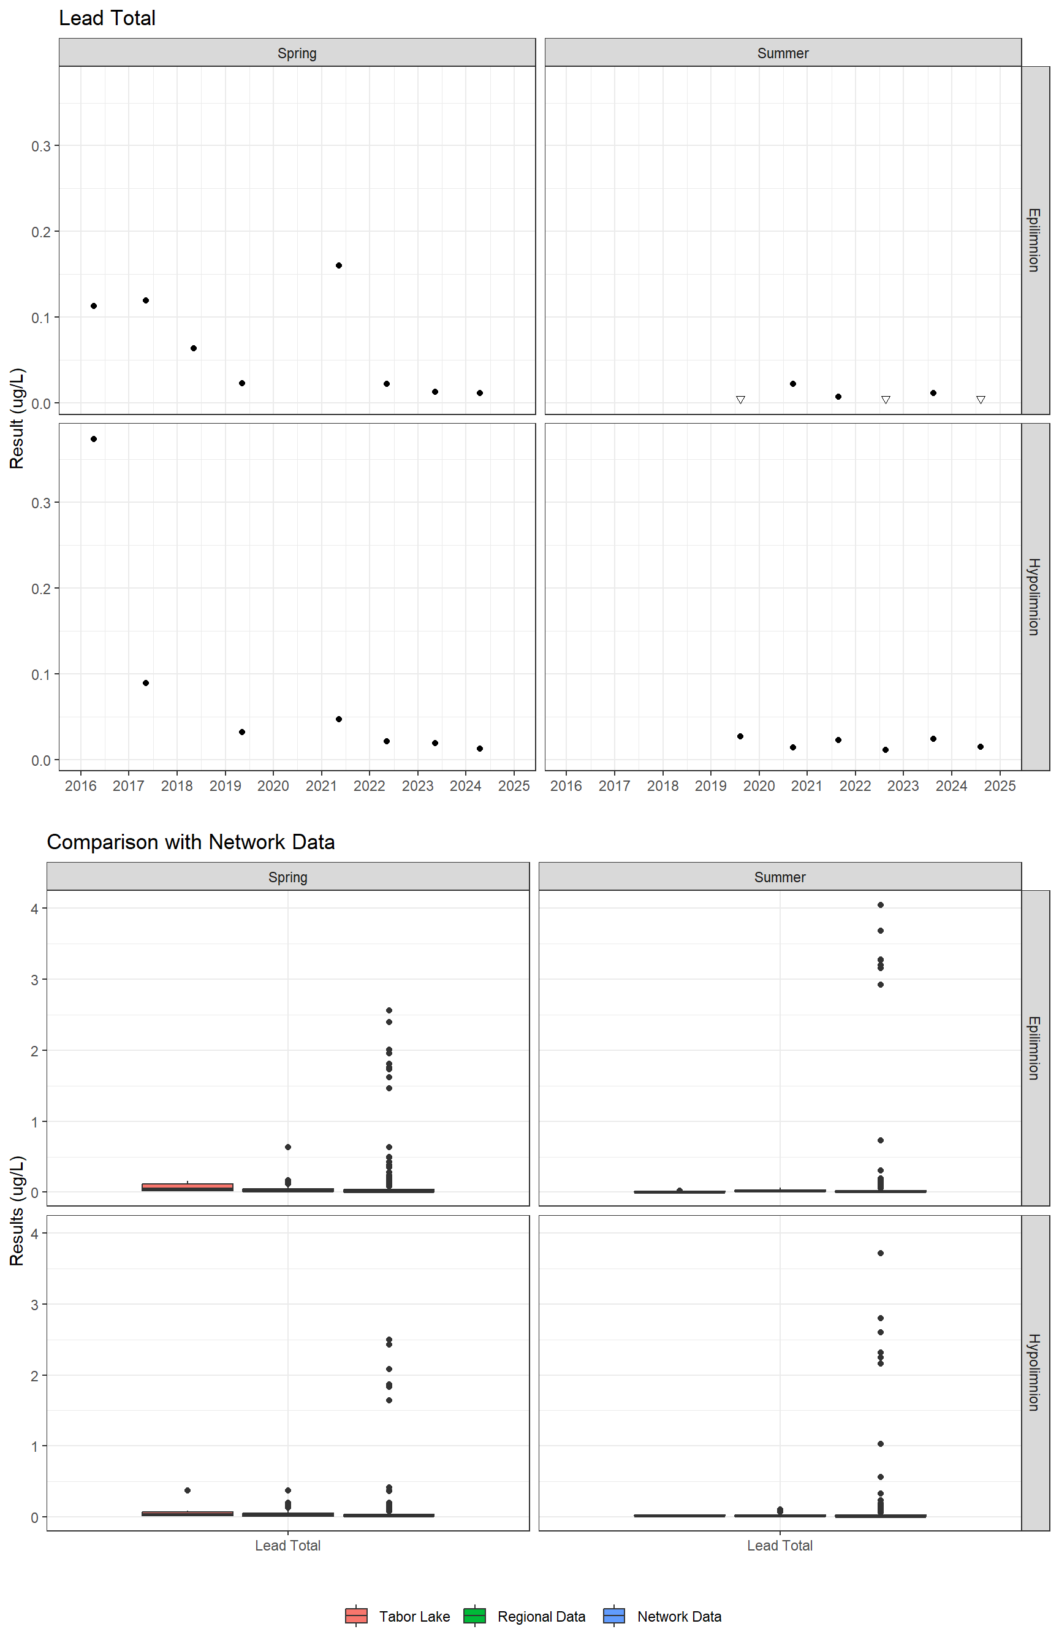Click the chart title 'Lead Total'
pos(107,18)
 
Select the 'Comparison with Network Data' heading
pos(191,842)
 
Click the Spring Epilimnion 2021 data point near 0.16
pos(339,265)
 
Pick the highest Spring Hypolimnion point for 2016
pos(94,439)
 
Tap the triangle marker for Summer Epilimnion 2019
pos(740,400)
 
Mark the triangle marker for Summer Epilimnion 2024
pos(981,400)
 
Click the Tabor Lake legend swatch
pos(356,1616)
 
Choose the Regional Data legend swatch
pos(474,1616)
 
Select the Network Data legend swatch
pos(614,1616)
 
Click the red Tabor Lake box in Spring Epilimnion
pos(187,1186)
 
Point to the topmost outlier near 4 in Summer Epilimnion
pos(880,905)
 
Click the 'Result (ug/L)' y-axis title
pos(17,418)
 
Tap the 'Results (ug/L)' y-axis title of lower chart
pos(17,1210)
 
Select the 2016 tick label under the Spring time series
pos(80,786)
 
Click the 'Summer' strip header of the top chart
pos(783,53)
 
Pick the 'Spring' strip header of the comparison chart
pos(287,877)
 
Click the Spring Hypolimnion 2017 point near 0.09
pos(146,683)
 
